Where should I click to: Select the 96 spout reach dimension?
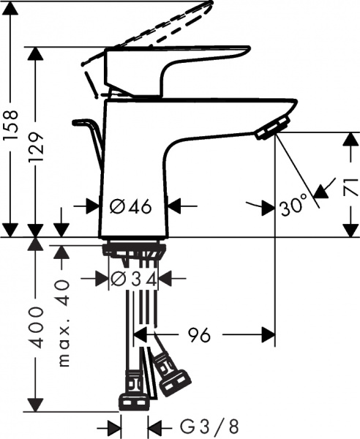[195, 336]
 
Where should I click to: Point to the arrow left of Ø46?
[92, 206]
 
